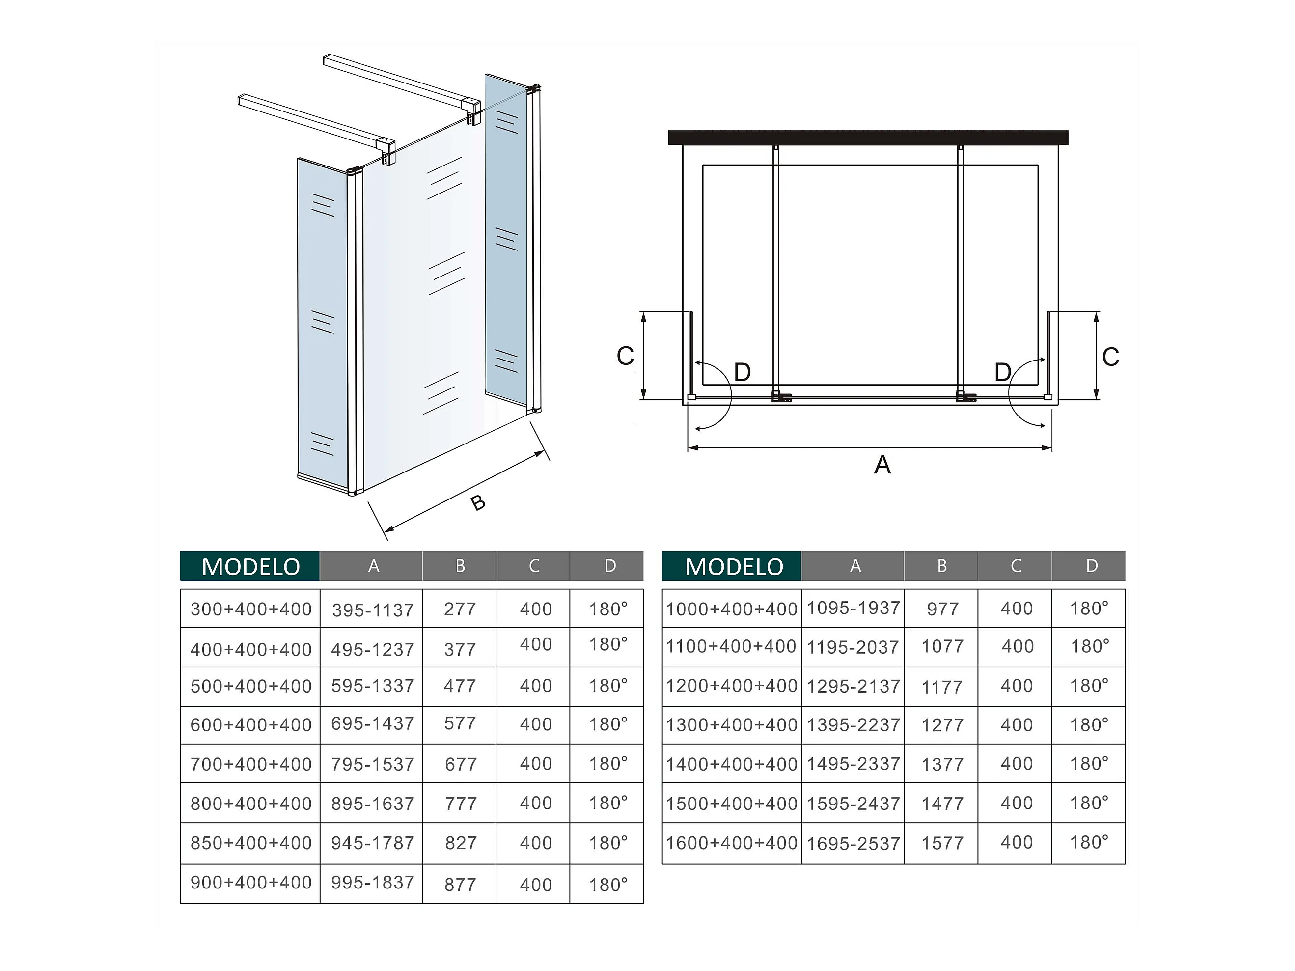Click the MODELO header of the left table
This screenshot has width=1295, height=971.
[250, 566]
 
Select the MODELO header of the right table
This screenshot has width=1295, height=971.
[734, 566]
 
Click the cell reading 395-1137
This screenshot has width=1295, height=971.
[373, 610]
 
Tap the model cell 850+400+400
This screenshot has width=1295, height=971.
[251, 843]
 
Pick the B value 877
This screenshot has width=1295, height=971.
[460, 885]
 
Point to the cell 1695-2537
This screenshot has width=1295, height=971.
[854, 844]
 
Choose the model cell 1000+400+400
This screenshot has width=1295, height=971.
[732, 609]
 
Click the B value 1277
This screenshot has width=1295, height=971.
[942, 725]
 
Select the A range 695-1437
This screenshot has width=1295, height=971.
[373, 724]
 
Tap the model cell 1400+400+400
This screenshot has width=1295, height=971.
[732, 764]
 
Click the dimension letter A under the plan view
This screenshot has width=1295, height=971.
[882, 465]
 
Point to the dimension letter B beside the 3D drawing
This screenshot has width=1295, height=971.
[478, 502]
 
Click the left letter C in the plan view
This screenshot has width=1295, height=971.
[625, 356]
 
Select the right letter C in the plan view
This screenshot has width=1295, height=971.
[1110, 357]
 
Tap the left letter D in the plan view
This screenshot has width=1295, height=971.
[743, 372]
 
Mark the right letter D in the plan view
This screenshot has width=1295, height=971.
[1003, 372]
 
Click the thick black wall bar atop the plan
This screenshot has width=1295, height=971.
[868, 138]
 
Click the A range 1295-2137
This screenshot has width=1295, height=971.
[854, 686]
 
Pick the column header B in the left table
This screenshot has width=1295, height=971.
[460, 566]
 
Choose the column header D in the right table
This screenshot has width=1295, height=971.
[1092, 566]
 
